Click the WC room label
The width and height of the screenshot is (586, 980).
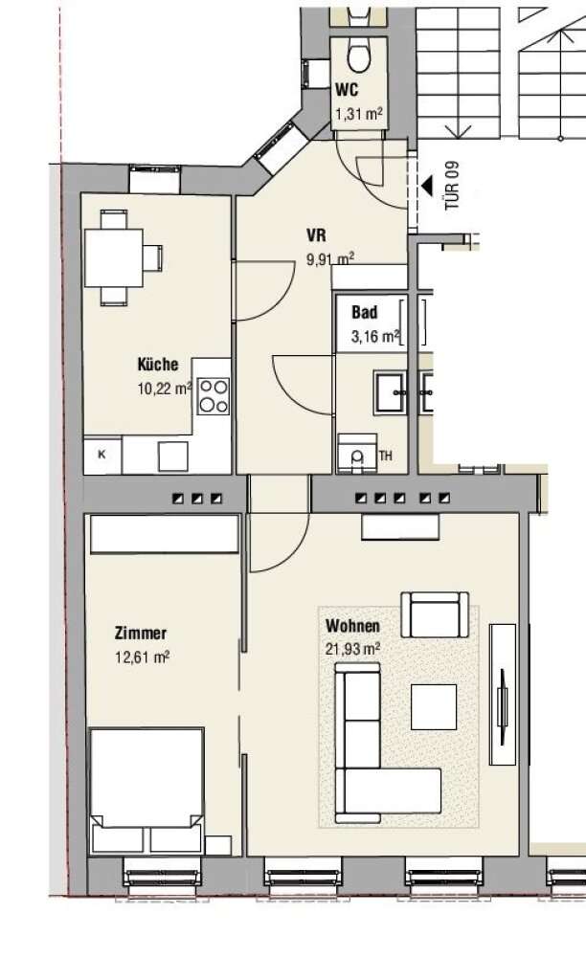pyautogui.click(x=347, y=90)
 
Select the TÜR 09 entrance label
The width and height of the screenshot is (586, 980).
pyautogui.click(x=452, y=187)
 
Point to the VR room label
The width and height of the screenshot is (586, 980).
pyautogui.click(x=316, y=235)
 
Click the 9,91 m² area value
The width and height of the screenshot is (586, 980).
pyautogui.click(x=330, y=258)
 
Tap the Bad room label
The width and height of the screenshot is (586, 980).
pyautogui.click(x=364, y=312)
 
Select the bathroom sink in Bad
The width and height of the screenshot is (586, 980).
pyautogui.click(x=391, y=391)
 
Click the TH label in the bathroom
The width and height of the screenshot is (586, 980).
pyautogui.click(x=386, y=456)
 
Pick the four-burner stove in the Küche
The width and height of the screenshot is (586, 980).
pyautogui.click(x=214, y=396)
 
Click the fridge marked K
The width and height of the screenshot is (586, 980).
pyautogui.click(x=102, y=455)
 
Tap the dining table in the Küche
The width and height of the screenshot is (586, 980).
pyautogui.click(x=114, y=258)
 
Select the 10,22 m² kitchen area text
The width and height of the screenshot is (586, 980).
pyautogui.click(x=165, y=389)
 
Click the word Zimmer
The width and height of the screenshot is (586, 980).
pyautogui.click(x=141, y=633)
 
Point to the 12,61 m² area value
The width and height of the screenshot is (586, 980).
pyautogui.click(x=143, y=657)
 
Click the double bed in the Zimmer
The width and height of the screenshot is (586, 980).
pyautogui.click(x=146, y=791)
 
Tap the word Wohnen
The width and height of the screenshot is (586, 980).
pyautogui.click(x=352, y=626)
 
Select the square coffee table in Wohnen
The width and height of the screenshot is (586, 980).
pyautogui.click(x=434, y=707)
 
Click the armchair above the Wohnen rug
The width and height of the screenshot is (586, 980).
pyautogui.click(x=435, y=614)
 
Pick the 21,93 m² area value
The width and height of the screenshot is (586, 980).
pyautogui.click(x=352, y=649)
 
